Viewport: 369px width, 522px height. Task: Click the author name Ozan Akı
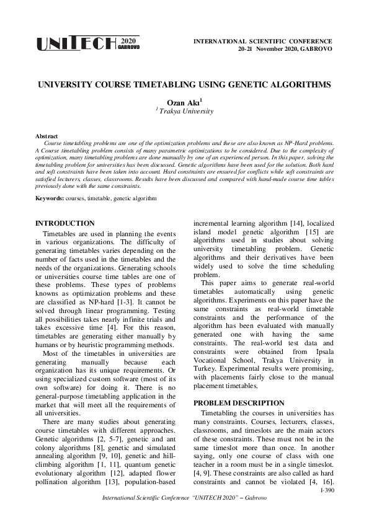(184, 100)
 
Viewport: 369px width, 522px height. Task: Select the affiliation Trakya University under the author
(185, 111)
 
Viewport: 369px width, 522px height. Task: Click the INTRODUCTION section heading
(65, 223)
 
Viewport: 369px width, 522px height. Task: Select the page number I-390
(326, 490)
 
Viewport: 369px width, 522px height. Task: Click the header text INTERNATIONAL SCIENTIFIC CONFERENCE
(264, 40)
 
